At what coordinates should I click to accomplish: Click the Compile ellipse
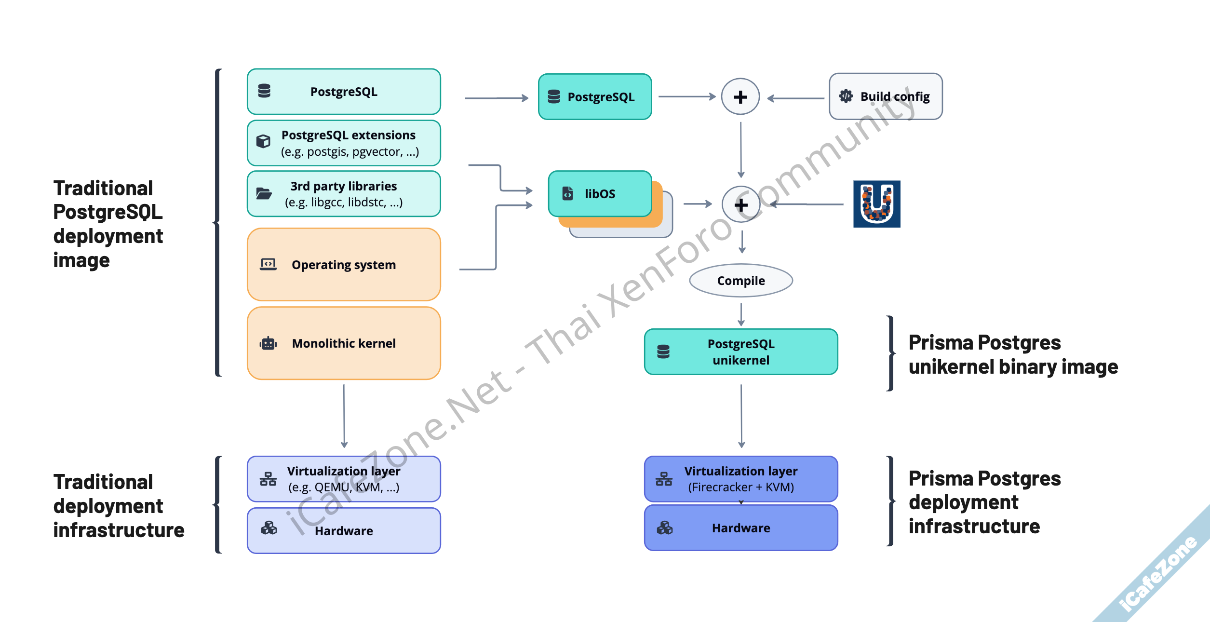pyautogui.click(x=741, y=281)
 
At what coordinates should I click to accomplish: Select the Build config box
pyautogui.click(x=886, y=96)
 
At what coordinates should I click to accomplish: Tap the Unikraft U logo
pyautogui.click(x=876, y=204)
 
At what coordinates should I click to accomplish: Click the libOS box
pyautogui.click(x=600, y=194)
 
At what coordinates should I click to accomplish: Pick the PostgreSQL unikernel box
pyautogui.click(x=741, y=352)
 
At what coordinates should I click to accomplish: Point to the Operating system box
pyautogui.click(x=344, y=265)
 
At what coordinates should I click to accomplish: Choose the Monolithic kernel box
pyautogui.click(x=344, y=343)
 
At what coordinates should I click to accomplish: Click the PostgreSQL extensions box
pyautogui.click(x=344, y=143)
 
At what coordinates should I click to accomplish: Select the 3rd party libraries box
pyautogui.click(x=344, y=194)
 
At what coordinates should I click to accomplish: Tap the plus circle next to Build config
pyautogui.click(x=740, y=97)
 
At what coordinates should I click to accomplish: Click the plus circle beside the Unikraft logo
pyautogui.click(x=741, y=204)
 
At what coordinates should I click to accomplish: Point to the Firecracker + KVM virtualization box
pyautogui.click(x=741, y=479)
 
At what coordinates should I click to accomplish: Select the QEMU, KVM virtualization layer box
pyautogui.click(x=344, y=479)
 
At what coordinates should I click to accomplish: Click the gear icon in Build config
pyautogui.click(x=846, y=96)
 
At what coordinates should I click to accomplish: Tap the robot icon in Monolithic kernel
pyautogui.click(x=269, y=343)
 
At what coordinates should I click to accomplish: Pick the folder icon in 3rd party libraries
pyautogui.click(x=264, y=194)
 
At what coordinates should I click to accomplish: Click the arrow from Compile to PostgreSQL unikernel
pyautogui.click(x=741, y=314)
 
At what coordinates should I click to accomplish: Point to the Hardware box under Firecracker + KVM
pyautogui.click(x=741, y=528)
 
